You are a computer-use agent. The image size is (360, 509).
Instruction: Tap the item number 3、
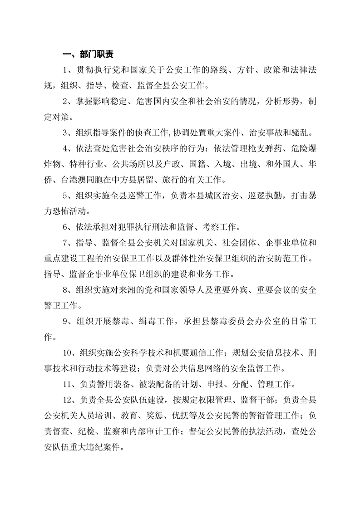coord(69,133)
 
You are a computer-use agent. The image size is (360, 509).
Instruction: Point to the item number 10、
coord(71,352)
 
